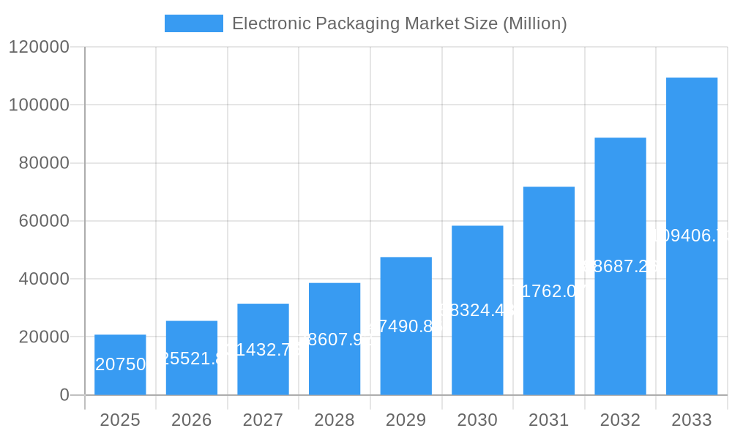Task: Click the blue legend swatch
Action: tap(193, 23)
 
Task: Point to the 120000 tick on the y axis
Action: tap(39, 47)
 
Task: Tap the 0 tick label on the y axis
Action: tap(64, 395)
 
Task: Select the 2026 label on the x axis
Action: tap(191, 420)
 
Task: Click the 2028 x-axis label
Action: tap(334, 420)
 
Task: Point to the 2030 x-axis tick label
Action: tap(477, 420)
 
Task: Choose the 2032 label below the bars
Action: tap(620, 420)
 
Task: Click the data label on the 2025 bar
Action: tap(120, 364)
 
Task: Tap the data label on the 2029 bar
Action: tap(406, 326)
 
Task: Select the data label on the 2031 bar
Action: tap(548, 291)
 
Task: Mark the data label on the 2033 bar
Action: tap(691, 236)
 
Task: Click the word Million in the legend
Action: tap(534, 23)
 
